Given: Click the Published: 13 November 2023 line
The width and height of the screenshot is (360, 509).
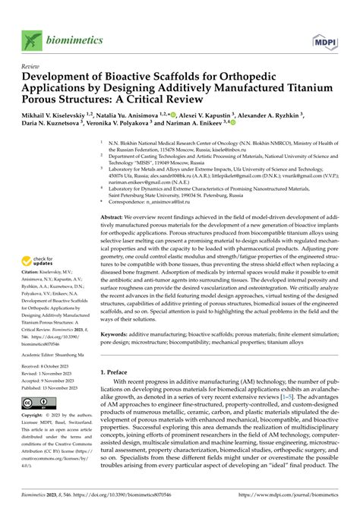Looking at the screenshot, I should click(47, 387).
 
